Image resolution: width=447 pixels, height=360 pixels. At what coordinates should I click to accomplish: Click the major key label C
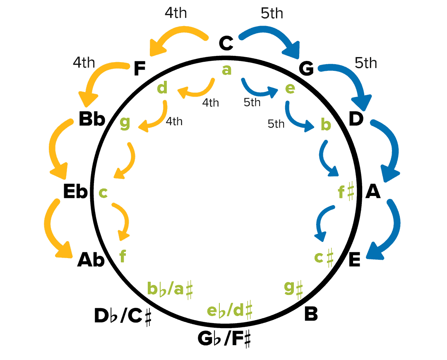point(226,43)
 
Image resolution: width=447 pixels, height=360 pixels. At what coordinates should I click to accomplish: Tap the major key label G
point(306,70)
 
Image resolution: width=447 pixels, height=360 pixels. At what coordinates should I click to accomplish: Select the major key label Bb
point(91,120)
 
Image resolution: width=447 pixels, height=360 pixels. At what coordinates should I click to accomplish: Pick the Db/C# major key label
point(123,317)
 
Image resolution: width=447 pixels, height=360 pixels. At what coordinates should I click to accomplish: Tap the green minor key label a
point(226,70)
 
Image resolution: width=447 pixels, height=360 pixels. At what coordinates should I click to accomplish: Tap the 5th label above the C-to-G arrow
point(272,13)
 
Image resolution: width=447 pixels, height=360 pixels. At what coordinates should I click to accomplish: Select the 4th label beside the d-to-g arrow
point(174,122)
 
